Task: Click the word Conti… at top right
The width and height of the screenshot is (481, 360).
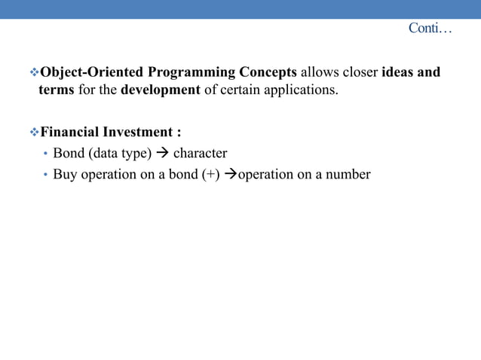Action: point(430,29)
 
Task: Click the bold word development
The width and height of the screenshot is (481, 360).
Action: point(161,90)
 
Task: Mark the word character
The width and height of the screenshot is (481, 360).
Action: point(200,154)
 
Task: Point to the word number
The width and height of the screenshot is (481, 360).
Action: point(350,175)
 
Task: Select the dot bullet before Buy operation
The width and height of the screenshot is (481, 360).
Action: point(45,175)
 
